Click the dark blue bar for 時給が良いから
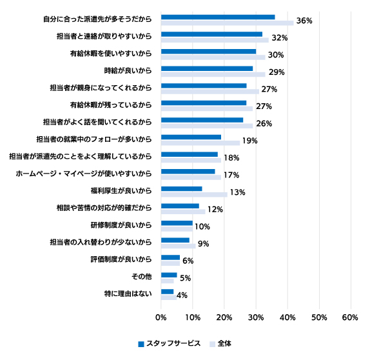pyautogui.click(x=207, y=68)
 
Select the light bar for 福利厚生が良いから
pyautogui.click(x=194, y=195)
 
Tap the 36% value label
pyautogui.click(x=304, y=21)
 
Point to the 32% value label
pyautogui.click(x=280, y=38)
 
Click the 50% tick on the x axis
pyautogui.click(x=319, y=317)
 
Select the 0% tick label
pyautogui.click(x=161, y=317)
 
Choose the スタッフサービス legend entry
pyautogui.click(x=169, y=344)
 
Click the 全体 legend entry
pyautogui.click(x=220, y=344)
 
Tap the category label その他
pyautogui.click(x=141, y=276)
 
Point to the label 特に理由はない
pyautogui.click(x=128, y=294)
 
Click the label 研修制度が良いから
pyautogui.click(x=121, y=225)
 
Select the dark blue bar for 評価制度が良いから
pyautogui.click(x=170, y=257)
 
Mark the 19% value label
pyautogui.click(x=250, y=141)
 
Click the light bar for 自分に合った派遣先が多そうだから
pyautogui.click(x=228, y=23)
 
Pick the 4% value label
pyautogui.click(x=182, y=295)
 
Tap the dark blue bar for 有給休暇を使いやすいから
pyautogui.click(x=209, y=52)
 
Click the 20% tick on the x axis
pyautogui.click(x=224, y=317)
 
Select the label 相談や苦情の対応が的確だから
pyautogui.click(x=104, y=208)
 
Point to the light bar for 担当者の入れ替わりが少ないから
pyautogui.click(x=179, y=246)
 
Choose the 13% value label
pyautogui.click(x=238, y=192)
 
